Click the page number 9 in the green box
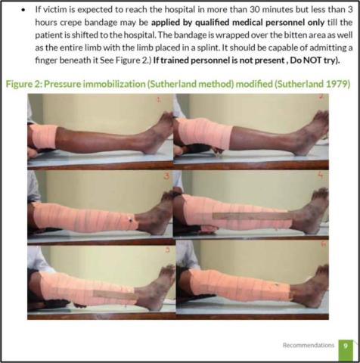tap(346, 346)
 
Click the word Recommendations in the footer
tap(309, 345)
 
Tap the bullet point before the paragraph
tap(23, 11)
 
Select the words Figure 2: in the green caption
tap(23, 84)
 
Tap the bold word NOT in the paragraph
tap(312, 60)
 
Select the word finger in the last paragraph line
tap(44, 60)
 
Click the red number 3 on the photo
tap(166, 176)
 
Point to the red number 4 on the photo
tap(321, 176)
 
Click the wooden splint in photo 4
tap(253, 216)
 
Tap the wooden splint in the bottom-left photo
tap(115, 295)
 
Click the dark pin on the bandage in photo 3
tap(131, 220)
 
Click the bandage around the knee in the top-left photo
tap(44, 136)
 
